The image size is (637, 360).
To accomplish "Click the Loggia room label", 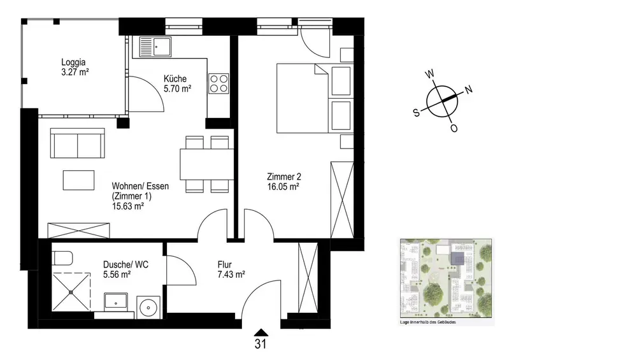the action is [x=73, y=62].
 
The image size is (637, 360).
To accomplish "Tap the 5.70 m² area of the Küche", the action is [x=177, y=89].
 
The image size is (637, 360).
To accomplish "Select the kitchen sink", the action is [x=155, y=47].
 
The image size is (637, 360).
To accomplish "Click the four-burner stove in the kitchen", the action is [x=218, y=83].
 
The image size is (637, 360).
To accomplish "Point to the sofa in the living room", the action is [x=77, y=143].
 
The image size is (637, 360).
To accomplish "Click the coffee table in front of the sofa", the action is [x=78, y=180].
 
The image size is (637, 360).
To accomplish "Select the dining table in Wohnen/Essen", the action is [x=207, y=164].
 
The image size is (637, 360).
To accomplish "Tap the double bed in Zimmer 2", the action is [x=302, y=98].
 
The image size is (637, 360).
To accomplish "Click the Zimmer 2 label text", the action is [x=284, y=176].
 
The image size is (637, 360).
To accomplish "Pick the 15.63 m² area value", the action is [x=127, y=206].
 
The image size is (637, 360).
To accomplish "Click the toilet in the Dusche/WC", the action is [x=62, y=257].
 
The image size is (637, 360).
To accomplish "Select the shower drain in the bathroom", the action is [x=71, y=292].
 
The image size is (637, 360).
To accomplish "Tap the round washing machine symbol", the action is [x=148, y=308].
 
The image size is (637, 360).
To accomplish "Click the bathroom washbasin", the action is [x=116, y=302].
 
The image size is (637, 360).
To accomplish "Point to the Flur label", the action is [x=224, y=264].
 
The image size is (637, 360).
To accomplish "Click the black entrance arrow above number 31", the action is [x=261, y=333].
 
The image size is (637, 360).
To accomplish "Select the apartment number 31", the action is [x=261, y=344].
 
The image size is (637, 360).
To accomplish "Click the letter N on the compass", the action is [x=468, y=89].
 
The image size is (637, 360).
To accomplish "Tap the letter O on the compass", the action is [x=454, y=129].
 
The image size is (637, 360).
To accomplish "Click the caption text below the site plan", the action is [x=428, y=322].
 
